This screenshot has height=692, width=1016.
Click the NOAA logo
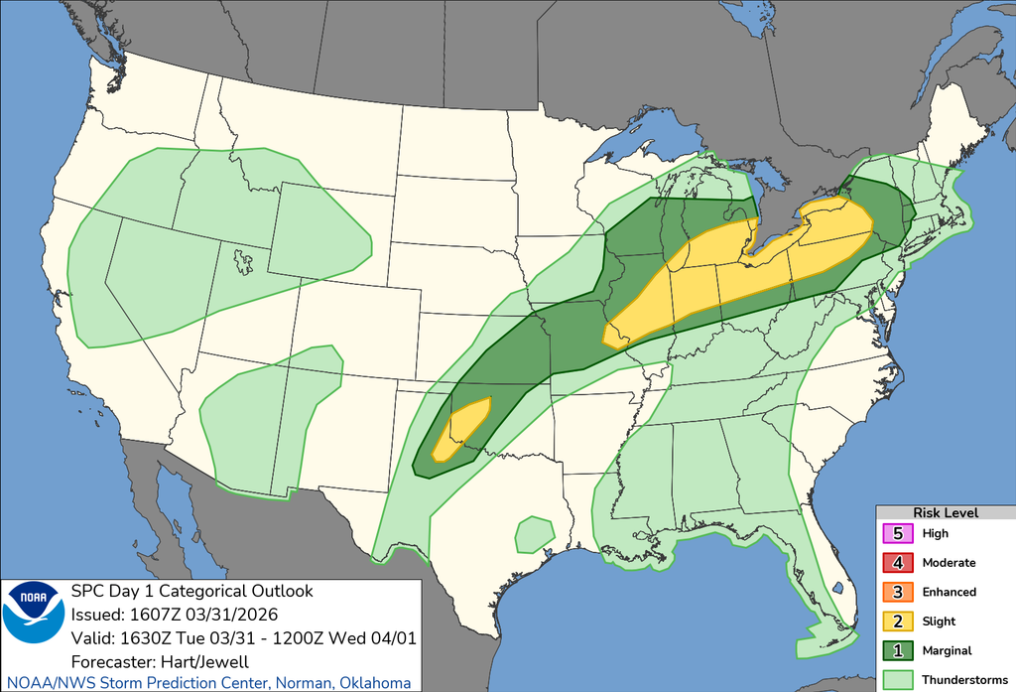point(33,611)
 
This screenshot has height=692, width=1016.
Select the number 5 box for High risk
point(897,533)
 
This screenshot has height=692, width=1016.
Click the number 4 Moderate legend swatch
point(897,563)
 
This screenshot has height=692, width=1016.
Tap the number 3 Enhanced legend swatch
point(897,592)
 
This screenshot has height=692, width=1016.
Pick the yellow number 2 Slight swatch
point(897,622)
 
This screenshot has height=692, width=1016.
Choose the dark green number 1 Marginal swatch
point(897,650)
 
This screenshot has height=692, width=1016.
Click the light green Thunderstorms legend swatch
point(897,679)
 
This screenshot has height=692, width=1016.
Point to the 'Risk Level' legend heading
point(945,512)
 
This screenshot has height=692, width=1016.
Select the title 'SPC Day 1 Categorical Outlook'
point(191,592)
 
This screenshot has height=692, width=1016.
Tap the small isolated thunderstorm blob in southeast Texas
point(534,534)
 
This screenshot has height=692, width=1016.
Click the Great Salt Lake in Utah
point(243,262)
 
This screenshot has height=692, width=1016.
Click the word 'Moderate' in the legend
point(949,563)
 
